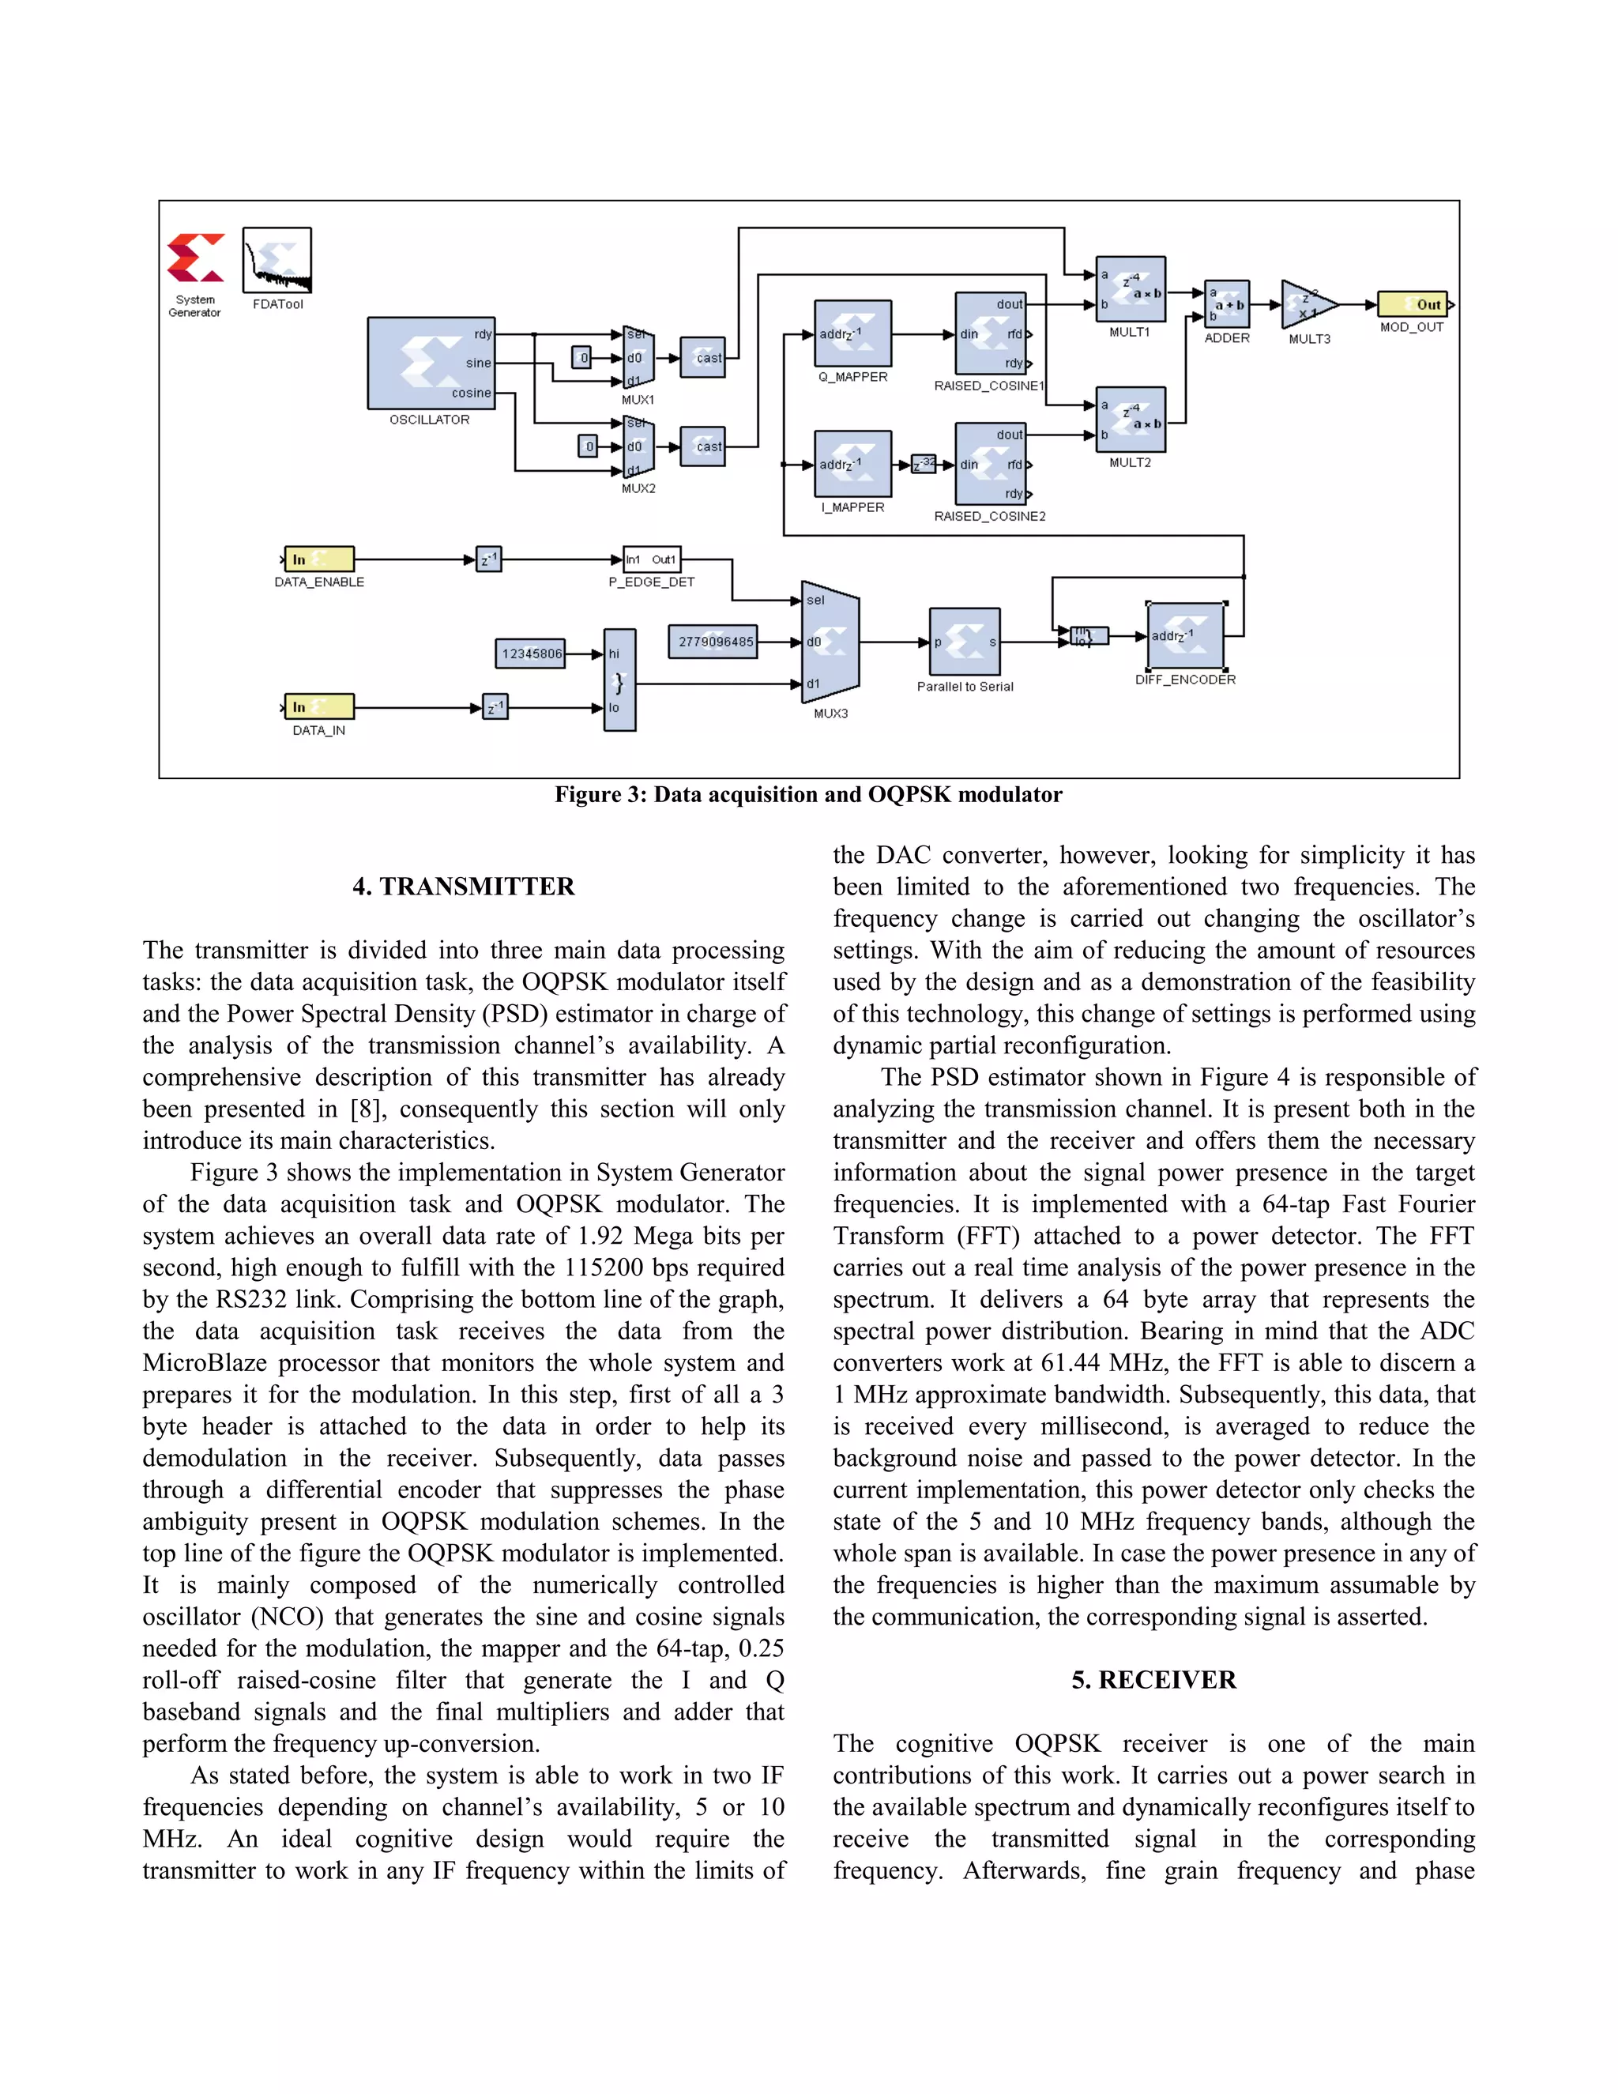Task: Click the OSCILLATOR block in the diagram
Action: coord(431,363)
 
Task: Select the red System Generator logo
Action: coord(196,258)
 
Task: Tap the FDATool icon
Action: coord(277,260)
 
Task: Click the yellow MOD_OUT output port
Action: coord(1412,304)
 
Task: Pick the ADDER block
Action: coord(1227,304)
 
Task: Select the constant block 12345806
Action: coord(530,654)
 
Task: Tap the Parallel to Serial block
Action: coord(965,642)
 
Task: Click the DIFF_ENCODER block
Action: coord(1186,635)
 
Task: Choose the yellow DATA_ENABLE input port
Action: coord(320,559)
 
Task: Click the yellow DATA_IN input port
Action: coord(320,706)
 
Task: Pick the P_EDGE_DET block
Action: coord(651,559)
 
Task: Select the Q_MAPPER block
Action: coord(852,333)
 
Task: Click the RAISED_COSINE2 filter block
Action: coord(990,464)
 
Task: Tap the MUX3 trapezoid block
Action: coord(830,642)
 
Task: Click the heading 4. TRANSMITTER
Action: coord(463,886)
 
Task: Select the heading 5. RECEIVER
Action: coord(1153,1679)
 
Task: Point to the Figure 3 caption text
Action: coord(808,794)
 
